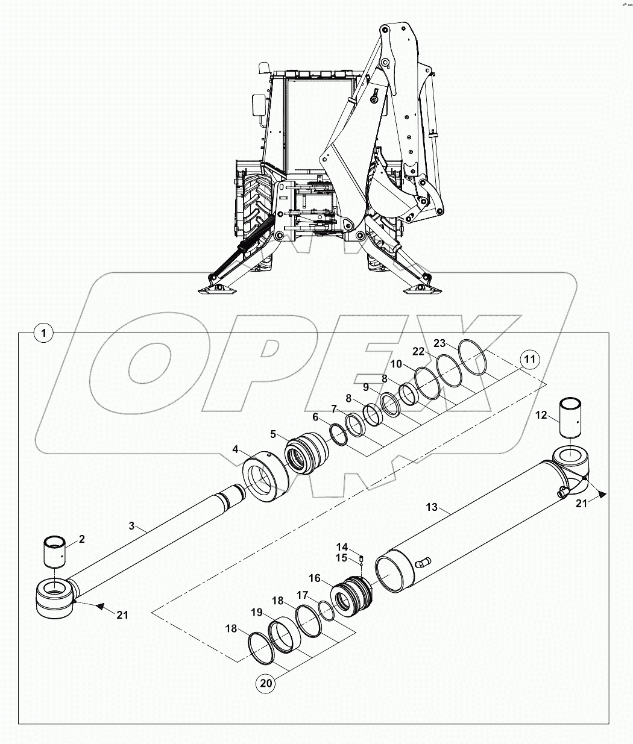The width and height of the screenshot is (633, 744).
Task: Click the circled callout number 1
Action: [x=44, y=332]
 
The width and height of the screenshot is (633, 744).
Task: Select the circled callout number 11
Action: [x=529, y=360]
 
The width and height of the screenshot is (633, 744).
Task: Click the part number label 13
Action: [x=432, y=508]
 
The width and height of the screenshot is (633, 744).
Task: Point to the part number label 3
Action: [x=132, y=526]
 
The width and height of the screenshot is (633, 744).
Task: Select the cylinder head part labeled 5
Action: [x=305, y=453]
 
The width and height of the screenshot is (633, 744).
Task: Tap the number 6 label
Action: [x=315, y=417]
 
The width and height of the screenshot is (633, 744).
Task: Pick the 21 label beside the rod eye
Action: [x=122, y=614]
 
